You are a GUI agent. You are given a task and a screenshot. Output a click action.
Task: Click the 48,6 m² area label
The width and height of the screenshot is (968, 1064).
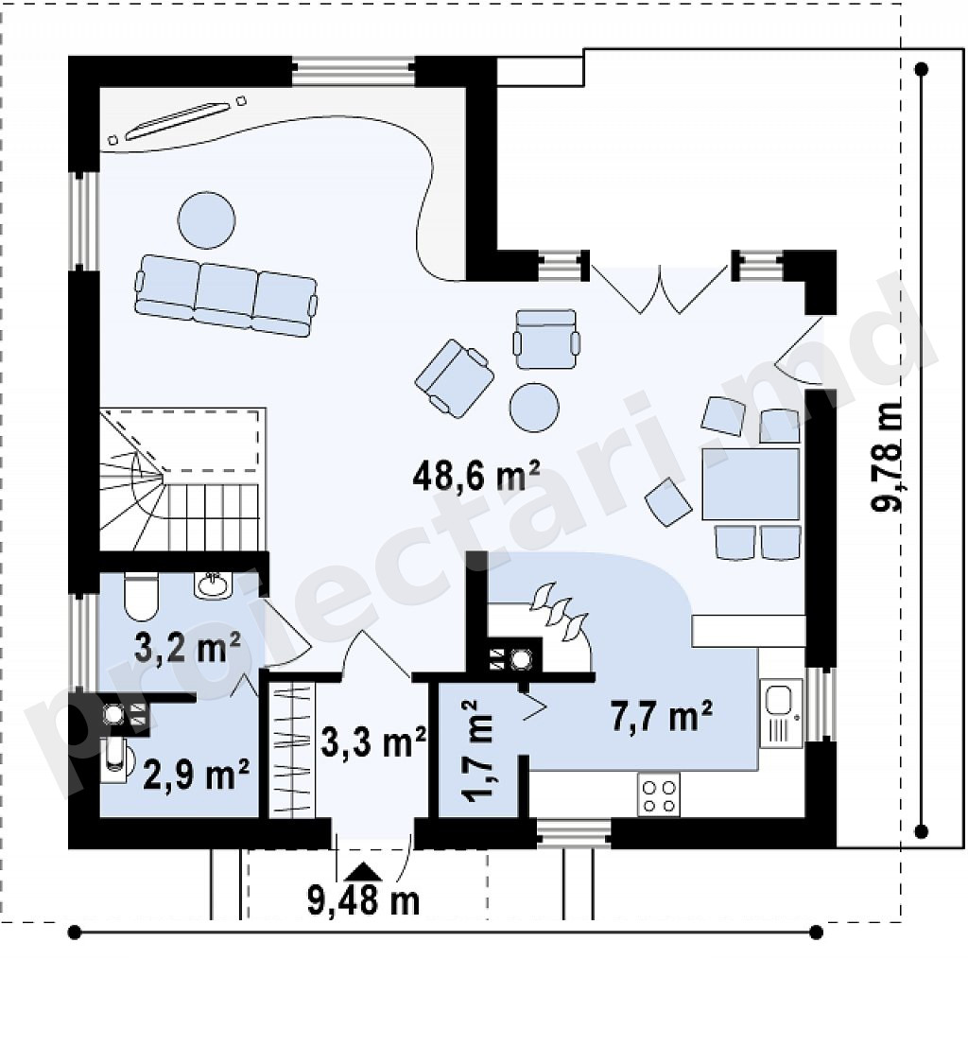click(476, 475)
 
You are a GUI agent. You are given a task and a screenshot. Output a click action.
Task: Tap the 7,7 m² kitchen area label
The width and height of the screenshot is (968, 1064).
click(662, 715)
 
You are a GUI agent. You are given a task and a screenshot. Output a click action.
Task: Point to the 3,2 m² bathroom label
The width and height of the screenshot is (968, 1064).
click(187, 647)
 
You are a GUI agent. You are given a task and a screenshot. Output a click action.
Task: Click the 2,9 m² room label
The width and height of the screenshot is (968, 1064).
click(196, 774)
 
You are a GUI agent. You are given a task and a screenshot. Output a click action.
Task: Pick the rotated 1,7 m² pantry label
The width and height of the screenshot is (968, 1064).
click(477, 751)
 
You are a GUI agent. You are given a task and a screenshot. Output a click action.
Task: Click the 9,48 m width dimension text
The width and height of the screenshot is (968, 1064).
click(364, 900)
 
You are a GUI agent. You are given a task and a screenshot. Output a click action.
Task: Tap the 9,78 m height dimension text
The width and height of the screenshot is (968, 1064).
click(887, 456)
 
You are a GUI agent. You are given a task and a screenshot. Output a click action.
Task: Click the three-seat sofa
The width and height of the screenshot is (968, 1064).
click(226, 295)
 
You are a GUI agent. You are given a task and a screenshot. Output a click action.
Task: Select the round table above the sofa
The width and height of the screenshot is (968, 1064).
click(207, 220)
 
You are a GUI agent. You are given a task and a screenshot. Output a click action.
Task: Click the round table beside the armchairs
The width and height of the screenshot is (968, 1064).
click(534, 407)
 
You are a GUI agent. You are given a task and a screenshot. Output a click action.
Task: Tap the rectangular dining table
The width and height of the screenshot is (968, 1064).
click(751, 484)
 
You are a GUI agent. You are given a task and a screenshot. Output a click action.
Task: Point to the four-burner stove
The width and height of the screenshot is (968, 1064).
click(659, 795)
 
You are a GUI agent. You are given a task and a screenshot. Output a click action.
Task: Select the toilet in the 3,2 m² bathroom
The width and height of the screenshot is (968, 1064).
click(141, 597)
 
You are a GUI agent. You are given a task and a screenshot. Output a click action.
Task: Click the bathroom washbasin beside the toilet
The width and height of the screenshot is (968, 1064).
click(213, 585)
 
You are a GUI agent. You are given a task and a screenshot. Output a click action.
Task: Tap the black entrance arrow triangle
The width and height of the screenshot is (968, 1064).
click(364, 871)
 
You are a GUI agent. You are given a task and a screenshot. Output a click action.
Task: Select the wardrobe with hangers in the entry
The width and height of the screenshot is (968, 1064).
click(292, 749)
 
